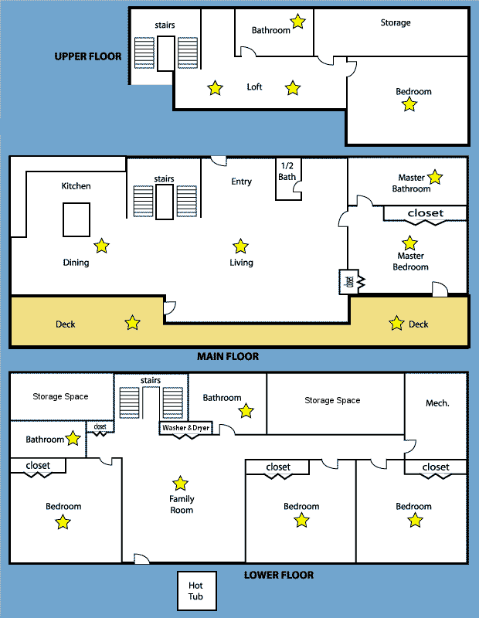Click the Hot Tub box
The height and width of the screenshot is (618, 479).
[x=197, y=591]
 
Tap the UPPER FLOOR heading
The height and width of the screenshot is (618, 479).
[x=88, y=56]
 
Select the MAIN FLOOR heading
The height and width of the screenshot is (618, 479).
[x=228, y=356]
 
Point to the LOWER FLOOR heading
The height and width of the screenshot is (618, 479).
[x=279, y=575]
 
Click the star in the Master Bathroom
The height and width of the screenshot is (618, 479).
[x=435, y=178]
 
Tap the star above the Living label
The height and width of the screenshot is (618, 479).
[x=240, y=246]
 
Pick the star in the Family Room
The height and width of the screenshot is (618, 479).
[x=180, y=484]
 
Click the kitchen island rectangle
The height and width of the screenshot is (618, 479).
[x=76, y=219]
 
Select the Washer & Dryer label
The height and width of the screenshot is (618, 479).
[x=185, y=428]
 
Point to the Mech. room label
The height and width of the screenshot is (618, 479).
[x=437, y=403]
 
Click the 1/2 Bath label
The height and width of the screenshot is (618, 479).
[x=287, y=171]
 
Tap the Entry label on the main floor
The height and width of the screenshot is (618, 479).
[x=241, y=182]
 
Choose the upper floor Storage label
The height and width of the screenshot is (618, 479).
[x=396, y=23]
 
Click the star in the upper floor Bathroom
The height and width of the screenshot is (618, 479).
[x=297, y=22]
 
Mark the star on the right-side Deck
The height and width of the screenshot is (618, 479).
[x=396, y=323]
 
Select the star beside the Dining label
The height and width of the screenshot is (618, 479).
[x=102, y=246]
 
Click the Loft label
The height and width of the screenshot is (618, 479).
[x=254, y=87]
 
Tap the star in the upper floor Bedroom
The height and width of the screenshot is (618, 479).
[x=409, y=104]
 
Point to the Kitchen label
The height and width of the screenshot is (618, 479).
[x=76, y=186]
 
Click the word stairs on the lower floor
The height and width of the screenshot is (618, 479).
[x=151, y=380]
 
